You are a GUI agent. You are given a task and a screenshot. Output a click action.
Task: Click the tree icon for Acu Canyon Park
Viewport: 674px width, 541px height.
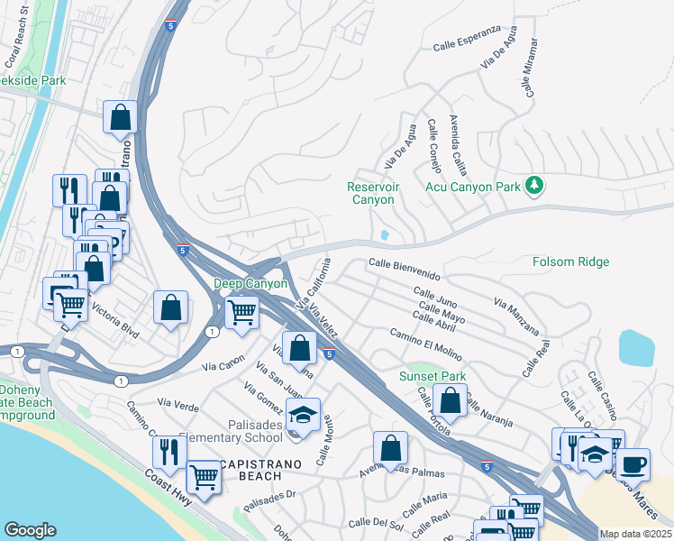[x=536, y=186]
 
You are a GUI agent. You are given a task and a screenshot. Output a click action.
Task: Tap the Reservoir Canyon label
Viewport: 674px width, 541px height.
[x=371, y=193]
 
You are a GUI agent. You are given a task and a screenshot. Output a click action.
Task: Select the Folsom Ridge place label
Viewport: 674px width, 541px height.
[x=571, y=262]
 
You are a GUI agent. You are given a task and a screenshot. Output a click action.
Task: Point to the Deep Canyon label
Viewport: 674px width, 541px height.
[x=250, y=283]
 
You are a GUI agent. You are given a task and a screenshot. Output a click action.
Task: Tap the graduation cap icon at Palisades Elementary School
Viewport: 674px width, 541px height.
[x=304, y=415]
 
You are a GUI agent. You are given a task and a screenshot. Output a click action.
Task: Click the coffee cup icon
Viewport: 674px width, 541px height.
[x=633, y=464]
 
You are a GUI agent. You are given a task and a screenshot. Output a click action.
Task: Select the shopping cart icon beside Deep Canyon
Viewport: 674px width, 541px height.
[x=241, y=312]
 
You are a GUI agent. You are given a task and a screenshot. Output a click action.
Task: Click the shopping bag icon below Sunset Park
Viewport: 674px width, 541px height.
[x=450, y=400]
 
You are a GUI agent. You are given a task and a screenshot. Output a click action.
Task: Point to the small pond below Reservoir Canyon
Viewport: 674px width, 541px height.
[x=386, y=235]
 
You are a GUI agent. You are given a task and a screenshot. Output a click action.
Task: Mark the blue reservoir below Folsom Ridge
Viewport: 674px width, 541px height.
[x=637, y=347]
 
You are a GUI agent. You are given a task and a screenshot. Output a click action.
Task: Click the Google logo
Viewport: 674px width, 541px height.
[x=30, y=530]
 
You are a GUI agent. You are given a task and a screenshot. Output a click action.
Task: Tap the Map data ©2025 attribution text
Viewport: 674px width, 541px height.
[x=634, y=535]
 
